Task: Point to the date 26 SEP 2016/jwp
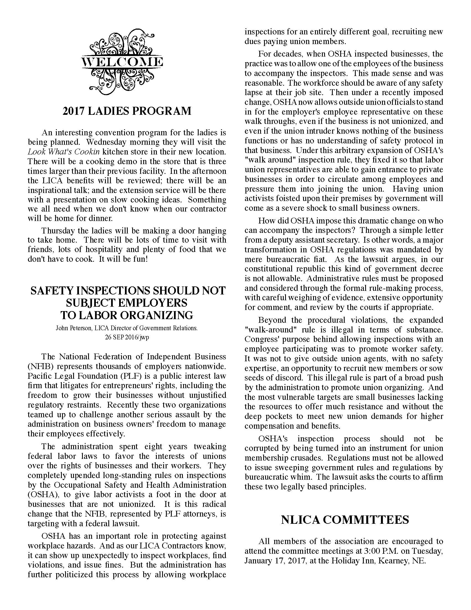(127, 337)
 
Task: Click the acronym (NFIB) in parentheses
(37, 366)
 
